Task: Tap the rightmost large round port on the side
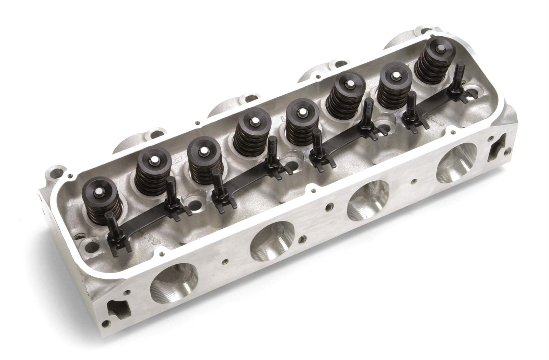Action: [457, 163]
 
